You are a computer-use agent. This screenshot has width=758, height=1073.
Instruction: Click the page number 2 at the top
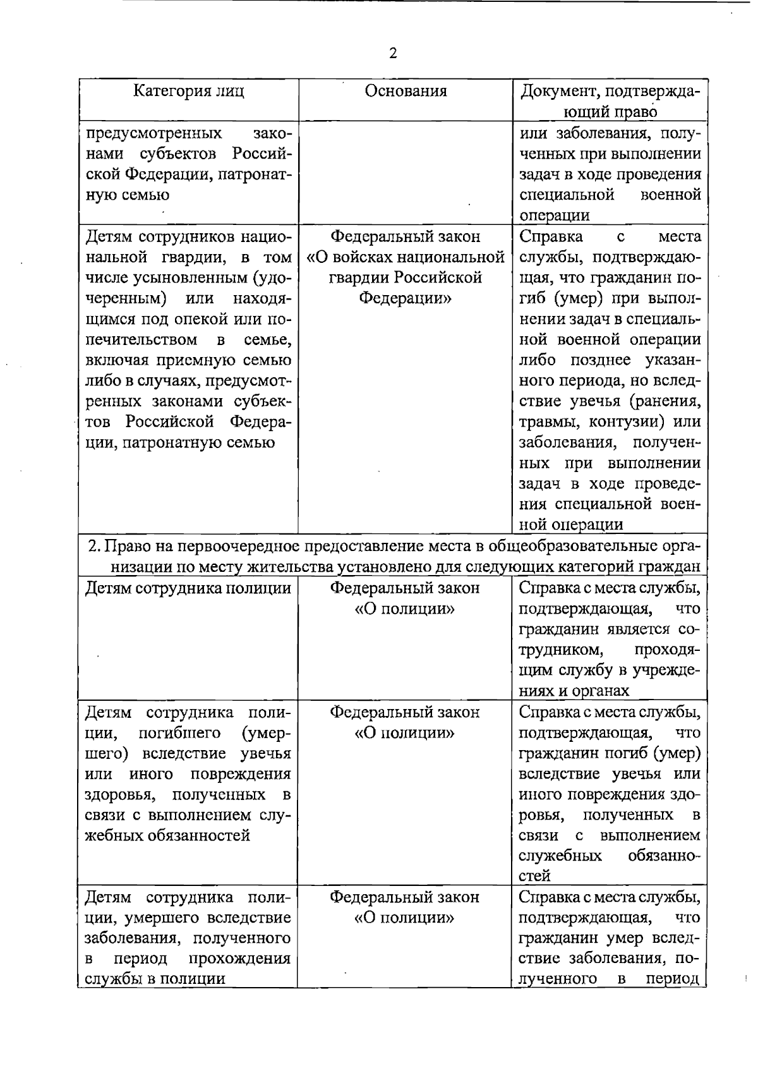(x=393, y=54)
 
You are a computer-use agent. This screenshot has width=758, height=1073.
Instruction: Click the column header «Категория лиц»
(x=188, y=91)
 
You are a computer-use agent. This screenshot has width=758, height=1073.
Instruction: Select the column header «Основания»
(x=406, y=91)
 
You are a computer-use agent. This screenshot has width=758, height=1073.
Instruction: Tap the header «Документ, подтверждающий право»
(x=610, y=102)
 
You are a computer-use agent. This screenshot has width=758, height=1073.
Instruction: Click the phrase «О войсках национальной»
(x=406, y=257)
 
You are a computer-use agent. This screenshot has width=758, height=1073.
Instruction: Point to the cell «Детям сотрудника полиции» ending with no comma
(x=188, y=588)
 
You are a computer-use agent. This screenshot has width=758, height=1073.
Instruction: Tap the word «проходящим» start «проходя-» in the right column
(x=667, y=650)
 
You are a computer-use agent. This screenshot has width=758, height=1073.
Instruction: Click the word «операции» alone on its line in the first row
(x=555, y=215)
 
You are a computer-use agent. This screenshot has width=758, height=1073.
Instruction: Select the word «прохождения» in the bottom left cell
(x=239, y=959)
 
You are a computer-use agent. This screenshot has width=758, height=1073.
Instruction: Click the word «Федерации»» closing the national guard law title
(x=406, y=298)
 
